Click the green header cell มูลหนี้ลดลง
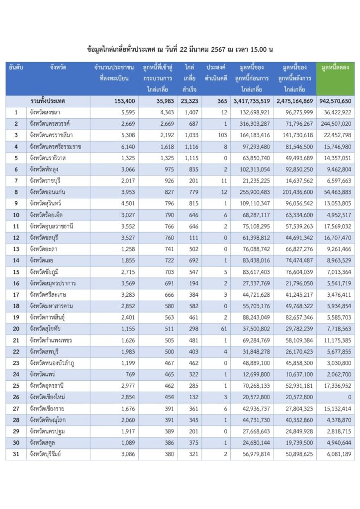point(335,67)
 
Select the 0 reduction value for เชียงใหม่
point(349,397)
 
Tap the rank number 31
point(16,454)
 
